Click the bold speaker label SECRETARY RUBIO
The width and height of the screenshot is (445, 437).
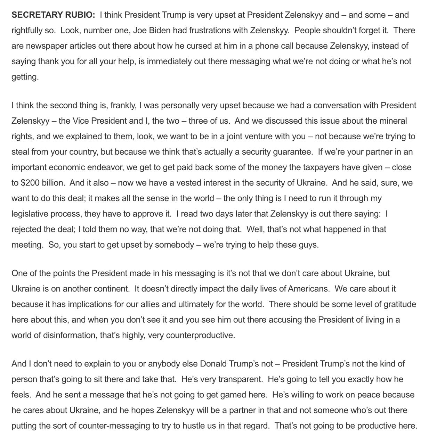(x=53, y=15)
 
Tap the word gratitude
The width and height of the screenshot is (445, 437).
(x=400, y=304)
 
